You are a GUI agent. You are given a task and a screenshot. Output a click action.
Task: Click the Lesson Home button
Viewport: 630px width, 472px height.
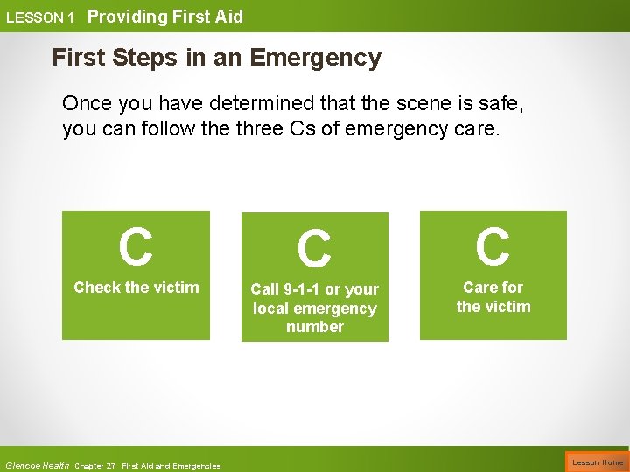point(598,462)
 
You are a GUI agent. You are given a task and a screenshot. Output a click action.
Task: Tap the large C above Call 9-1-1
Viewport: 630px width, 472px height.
point(314,249)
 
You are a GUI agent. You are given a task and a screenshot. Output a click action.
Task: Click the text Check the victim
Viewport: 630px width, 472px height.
point(136,288)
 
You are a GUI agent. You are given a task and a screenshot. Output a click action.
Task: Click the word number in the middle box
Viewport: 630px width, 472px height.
point(315,327)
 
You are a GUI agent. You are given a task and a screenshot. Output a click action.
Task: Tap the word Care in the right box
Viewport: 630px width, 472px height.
point(479,288)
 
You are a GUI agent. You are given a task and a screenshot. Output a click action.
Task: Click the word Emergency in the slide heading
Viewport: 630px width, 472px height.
point(316,59)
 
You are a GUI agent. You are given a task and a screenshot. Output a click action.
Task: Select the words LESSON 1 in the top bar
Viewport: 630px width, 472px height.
point(40,17)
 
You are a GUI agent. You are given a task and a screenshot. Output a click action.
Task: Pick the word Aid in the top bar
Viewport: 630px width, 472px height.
point(228,17)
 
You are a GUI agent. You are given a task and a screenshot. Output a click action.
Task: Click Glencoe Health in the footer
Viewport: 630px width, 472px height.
point(37,465)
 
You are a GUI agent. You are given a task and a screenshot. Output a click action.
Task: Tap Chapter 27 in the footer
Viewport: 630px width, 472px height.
point(95,466)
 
